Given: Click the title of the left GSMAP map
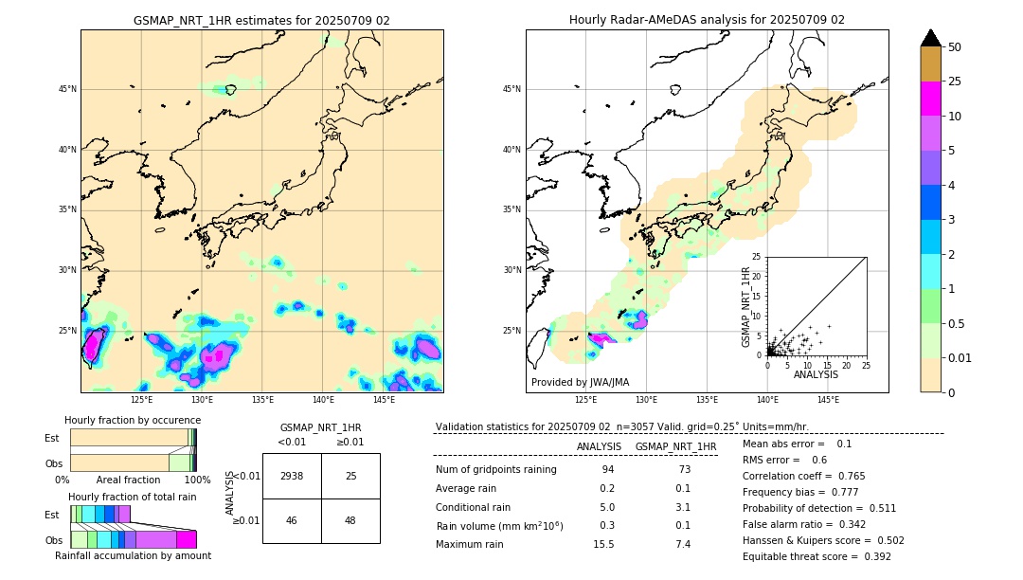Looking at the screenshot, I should pos(261,20).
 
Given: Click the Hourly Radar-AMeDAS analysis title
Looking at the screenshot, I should pos(707,20).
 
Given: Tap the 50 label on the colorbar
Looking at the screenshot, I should pos(955,47).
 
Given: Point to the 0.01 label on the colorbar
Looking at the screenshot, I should pos(960,357).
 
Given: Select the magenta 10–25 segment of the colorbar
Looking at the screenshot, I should pos(931,99).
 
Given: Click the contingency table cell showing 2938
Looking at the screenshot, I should pos(292,476).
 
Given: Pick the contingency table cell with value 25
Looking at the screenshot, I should pos(350,476).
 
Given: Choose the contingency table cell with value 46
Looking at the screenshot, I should pos(292,520).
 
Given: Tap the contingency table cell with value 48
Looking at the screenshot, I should pos(350,520).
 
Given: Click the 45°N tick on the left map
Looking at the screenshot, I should pos(67,89).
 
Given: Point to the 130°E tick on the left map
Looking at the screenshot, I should pos(202,400).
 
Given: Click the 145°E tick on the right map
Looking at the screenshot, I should pos(828,400).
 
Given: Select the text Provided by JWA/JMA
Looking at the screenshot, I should pos(580,383).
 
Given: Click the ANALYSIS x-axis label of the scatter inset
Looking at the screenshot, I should pos(816,374).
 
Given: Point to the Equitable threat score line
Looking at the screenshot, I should pos(817,556).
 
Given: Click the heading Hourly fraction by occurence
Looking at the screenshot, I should pos(133,420).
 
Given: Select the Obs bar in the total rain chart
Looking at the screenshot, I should pos(133,539).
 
